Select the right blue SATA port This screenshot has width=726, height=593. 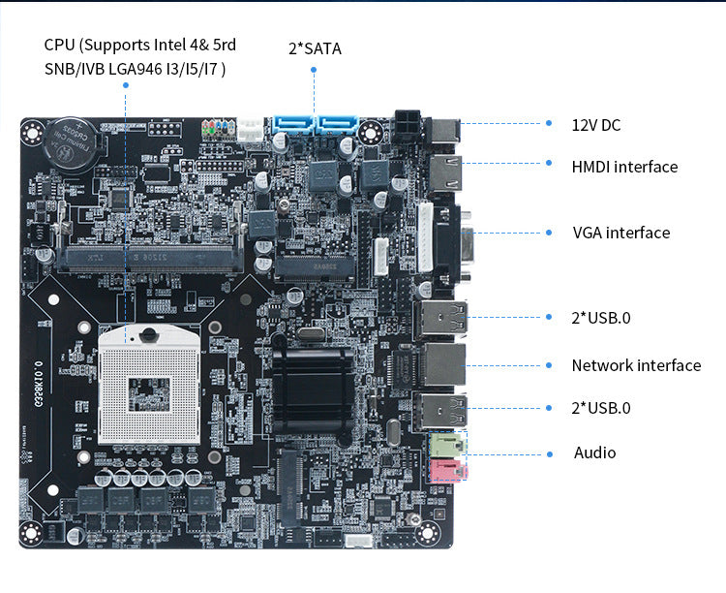[338, 126]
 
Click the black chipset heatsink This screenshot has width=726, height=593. [309, 384]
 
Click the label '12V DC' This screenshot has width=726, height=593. [596, 125]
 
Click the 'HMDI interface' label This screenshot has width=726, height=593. [624, 167]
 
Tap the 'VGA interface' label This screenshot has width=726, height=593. [620, 233]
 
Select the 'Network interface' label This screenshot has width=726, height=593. [636, 365]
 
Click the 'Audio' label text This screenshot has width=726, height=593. [594, 453]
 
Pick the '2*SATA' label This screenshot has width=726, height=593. [315, 47]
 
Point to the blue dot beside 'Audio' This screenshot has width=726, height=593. [550, 453]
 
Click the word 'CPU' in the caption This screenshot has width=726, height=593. [60, 45]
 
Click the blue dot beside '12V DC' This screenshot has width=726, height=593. [550, 125]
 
